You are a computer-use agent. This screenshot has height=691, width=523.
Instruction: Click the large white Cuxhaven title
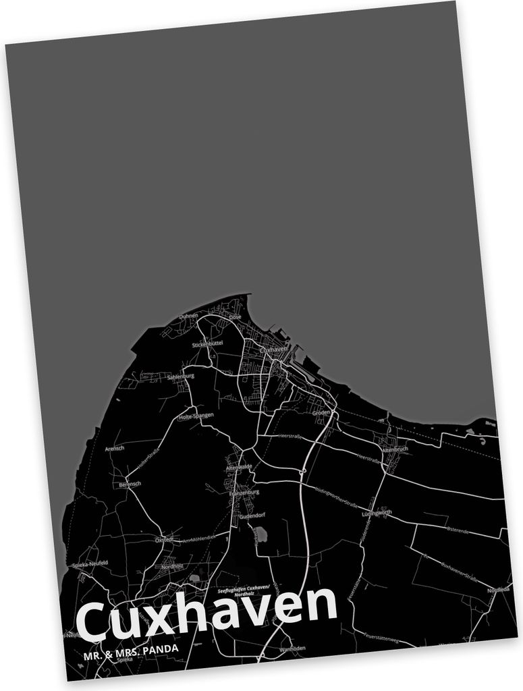click(x=206, y=615)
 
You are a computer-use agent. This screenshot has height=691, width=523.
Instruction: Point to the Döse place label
click(x=235, y=317)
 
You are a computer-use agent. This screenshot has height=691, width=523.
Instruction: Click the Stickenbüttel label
click(x=207, y=344)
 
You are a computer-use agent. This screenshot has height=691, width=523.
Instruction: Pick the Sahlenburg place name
click(x=180, y=376)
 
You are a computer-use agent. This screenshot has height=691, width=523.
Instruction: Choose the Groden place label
click(x=321, y=412)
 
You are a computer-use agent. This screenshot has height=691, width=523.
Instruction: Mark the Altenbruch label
click(x=395, y=449)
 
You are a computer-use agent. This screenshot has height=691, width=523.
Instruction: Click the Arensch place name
click(x=115, y=448)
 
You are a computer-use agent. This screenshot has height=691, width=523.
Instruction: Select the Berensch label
click(x=130, y=485)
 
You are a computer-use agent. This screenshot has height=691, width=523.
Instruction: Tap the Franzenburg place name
click(x=244, y=493)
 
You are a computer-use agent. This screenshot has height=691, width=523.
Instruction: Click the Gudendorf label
click(x=252, y=516)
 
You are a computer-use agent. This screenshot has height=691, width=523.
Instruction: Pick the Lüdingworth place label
click(x=377, y=514)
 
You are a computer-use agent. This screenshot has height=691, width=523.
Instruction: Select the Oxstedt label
click(x=164, y=539)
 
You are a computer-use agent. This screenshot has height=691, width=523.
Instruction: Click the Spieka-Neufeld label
click(x=90, y=564)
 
